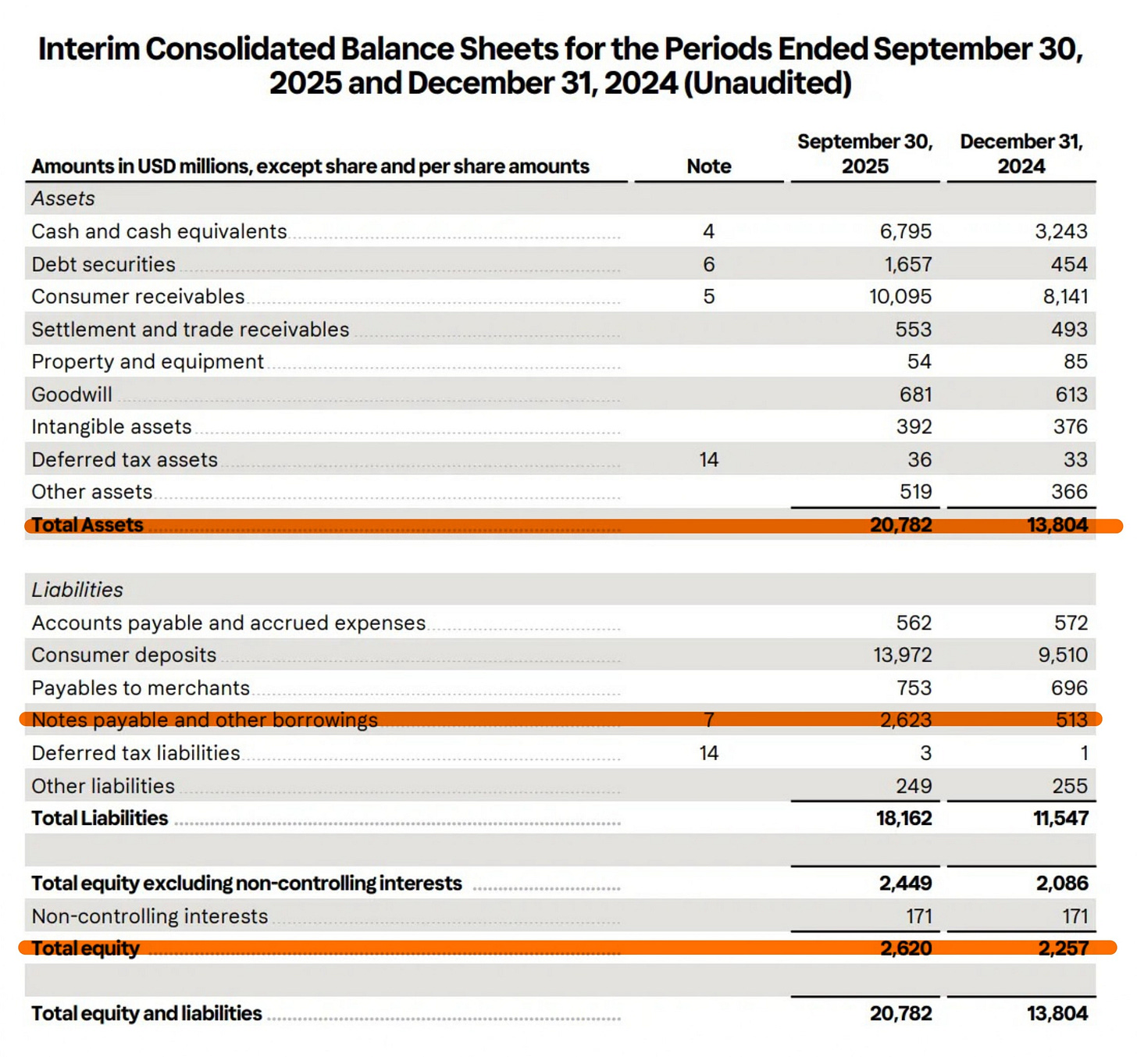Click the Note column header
[x=708, y=166]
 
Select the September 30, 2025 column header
[x=864, y=154]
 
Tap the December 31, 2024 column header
[x=1021, y=154]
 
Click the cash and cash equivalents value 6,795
[x=905, y=232]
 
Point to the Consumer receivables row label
[x=138, y=297]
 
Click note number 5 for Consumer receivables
[x=708, y=297]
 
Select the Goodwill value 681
[x=915, y=395]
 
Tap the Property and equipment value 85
[x=1075, y=362]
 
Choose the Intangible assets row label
[x=112, y=427]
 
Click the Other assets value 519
[x=915, y=492]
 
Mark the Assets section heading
[x=63, y=199]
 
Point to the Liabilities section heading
[x=77, y=590]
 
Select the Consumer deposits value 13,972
[x=902, y=655]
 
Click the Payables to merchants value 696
[x=1068, y=688]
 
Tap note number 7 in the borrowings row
[x=708, y=720]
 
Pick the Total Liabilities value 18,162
[x=904, y=819]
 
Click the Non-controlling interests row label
[x=150, y=916]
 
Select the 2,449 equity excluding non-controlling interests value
[x=905, y=884]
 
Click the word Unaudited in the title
[x=767, y=84]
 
